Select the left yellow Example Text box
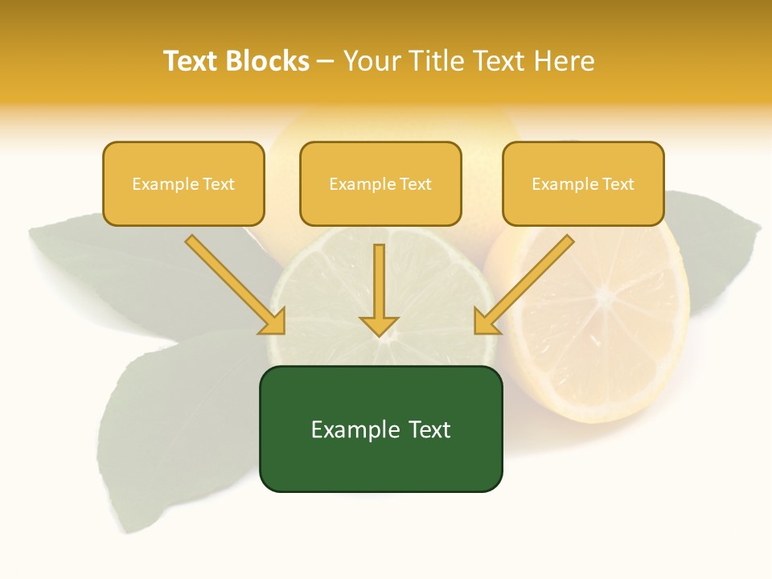pos(183,183)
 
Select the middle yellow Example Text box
pos(380,183)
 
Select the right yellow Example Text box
pos(583,183)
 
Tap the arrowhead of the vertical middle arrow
pos(379,325)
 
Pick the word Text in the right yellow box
pos(618,184)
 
